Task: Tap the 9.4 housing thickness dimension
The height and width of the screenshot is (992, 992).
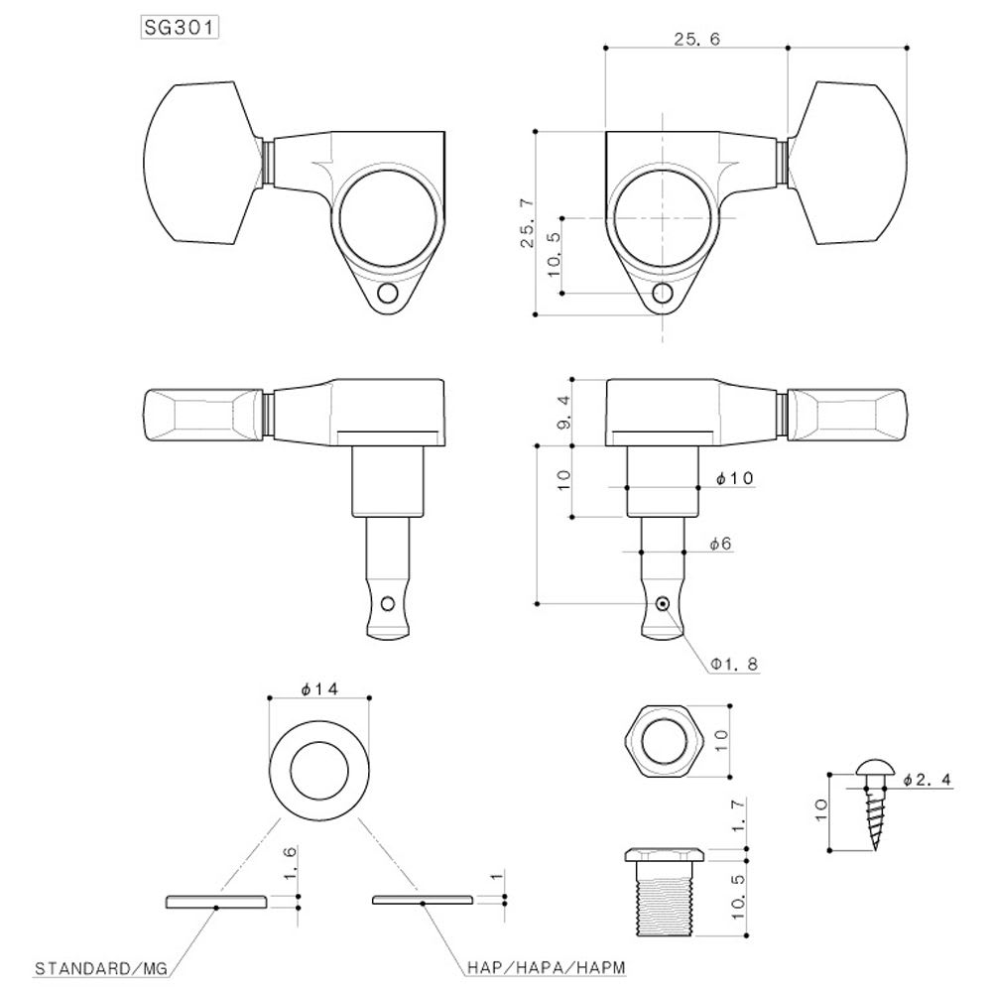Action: click(x=563, y=410)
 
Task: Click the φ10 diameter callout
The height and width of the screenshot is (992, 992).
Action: click(x=734, y=478)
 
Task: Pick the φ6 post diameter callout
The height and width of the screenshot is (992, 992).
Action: click(x=721, y=544)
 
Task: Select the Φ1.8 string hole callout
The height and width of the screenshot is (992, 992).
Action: click(x=733, y=665)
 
